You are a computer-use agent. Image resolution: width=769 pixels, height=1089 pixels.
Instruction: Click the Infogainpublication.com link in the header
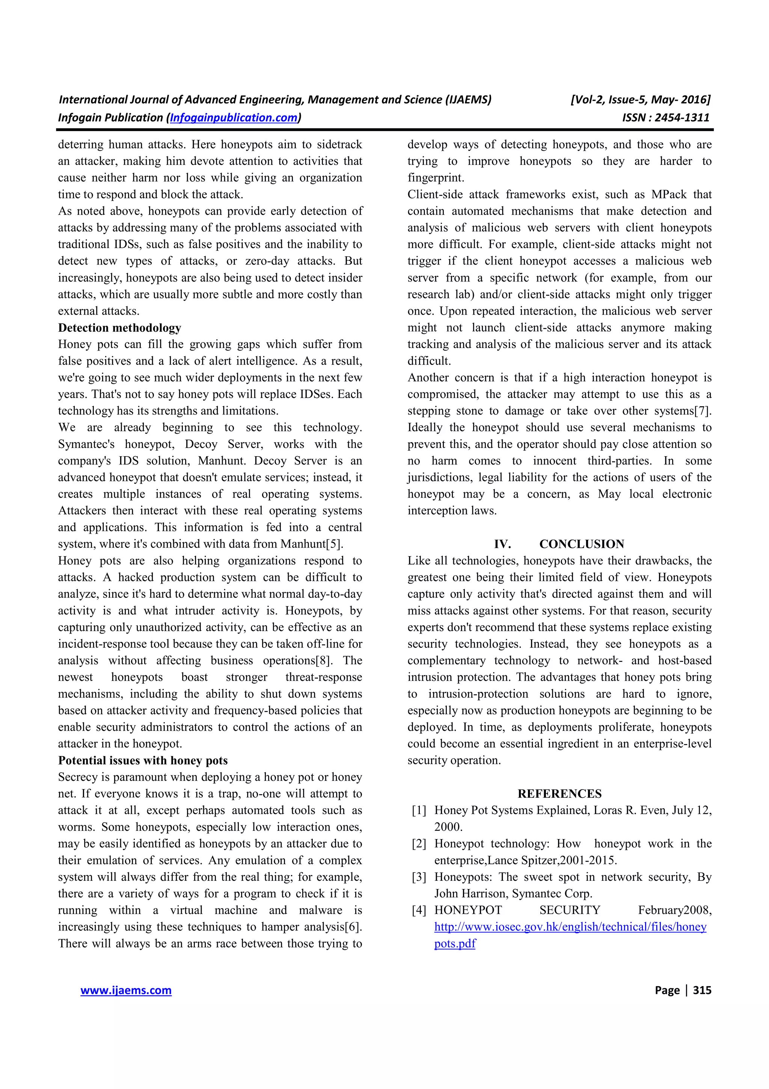[x=234, y=118]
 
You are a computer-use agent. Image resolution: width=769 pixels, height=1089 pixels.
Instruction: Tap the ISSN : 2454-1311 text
[x=666, y=118]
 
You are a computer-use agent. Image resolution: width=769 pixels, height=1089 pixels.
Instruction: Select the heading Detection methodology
[x=119, y=328]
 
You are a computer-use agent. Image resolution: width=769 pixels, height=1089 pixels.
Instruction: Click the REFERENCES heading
[x=559, y=794]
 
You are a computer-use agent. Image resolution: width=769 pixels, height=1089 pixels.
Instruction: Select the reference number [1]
[x=419, y=811]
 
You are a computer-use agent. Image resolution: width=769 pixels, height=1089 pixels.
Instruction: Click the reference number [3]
[x=419, y=877]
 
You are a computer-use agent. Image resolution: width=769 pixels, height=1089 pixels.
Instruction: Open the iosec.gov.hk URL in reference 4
[x=570, y=927]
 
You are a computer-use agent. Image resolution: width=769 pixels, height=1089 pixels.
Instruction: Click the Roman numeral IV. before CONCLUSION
[x=502, y=544]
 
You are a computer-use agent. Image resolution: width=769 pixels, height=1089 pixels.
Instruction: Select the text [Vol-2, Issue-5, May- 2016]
[x=641, y=100]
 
